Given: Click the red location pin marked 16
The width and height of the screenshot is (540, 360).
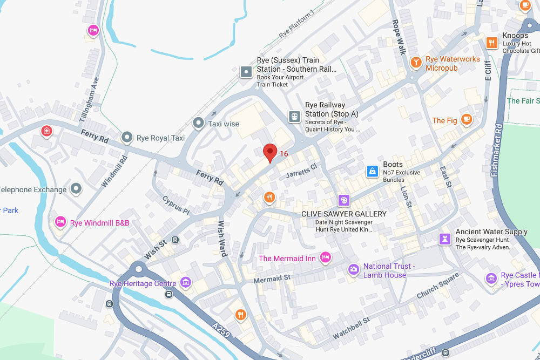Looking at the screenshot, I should [x=270, y=152].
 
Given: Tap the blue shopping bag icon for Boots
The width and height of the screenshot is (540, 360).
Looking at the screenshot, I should [x=372, y=172].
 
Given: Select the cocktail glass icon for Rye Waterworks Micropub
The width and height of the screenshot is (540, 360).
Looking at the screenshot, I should [x=415, y=63].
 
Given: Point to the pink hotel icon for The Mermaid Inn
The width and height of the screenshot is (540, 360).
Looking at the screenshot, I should [x=325, y=258].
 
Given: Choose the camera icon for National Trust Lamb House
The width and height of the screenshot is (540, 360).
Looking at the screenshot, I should [x=353, y=269].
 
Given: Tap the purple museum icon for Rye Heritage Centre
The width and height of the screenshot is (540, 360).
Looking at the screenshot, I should [x=186, y=282].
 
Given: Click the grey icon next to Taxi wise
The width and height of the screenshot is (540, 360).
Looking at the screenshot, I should [x=199, y=124].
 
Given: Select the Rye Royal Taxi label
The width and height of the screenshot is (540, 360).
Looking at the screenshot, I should [x=161, y=138].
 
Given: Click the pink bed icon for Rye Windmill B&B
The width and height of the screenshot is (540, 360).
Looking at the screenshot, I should [x=60, y=221].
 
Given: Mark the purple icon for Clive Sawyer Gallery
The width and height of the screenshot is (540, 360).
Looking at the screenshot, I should [x=343, y=201].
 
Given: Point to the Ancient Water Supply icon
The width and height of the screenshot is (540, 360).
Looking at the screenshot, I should [x=445, y=239].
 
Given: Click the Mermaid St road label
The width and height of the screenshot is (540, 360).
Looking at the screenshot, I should [x=272, y=279].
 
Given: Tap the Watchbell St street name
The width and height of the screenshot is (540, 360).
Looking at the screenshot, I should [x=351, y=328].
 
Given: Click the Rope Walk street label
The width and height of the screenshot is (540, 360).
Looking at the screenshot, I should [x=399, y=38].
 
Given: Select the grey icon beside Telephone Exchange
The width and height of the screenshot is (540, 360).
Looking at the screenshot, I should [x=76, y=188].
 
